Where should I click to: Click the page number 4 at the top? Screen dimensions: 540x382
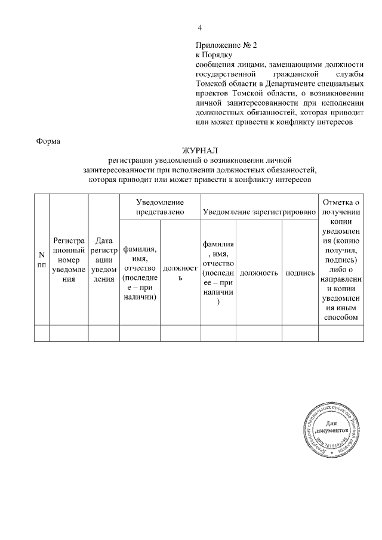(x=200, y=28)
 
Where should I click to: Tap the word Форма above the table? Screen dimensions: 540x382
(x=48, y=141)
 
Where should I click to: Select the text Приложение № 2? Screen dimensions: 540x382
(x=226, y=45)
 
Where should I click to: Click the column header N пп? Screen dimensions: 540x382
(x=42, y=260)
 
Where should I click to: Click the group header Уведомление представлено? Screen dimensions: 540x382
(x=159, y=207)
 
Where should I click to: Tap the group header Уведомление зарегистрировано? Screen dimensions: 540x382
(x=258, y=212)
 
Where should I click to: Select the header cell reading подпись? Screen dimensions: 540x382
(x=300, y=273)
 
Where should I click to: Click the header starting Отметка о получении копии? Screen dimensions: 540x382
(x=340, y=260)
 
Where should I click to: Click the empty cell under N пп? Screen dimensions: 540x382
(x=42, y=333)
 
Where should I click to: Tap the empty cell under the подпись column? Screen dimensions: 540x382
(x=300, y=333)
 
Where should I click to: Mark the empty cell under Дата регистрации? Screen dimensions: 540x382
(x=104, y=333)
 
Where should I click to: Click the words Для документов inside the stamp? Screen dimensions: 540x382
(x=337, y=427)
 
